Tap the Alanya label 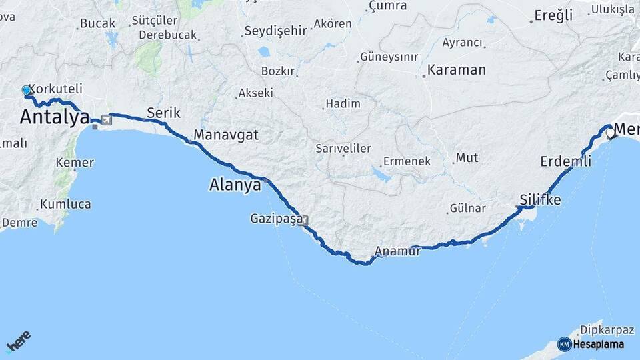point(235,185)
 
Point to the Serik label point(164,113)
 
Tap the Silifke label point(540,200)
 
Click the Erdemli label point(566,161)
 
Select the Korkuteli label point(55,88)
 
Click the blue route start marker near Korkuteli point(26,90)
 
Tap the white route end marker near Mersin point(609,133)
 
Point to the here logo point(18,342)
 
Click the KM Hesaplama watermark point(592,344)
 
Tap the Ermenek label point(406,161)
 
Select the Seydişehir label point(275,31)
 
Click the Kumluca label point(65,205)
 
